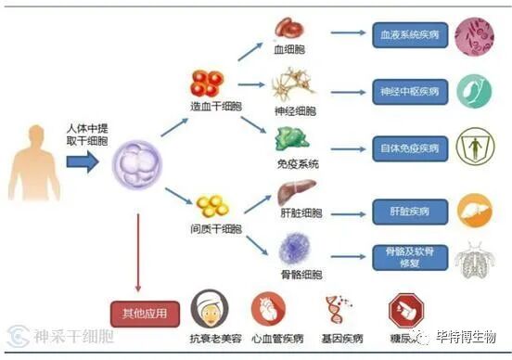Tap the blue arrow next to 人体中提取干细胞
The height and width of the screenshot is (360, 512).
point(82,162)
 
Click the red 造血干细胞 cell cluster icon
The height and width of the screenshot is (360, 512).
point(209,83)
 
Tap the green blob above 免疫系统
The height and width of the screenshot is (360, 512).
point(294,139)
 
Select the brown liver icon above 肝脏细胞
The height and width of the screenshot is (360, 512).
point(297,193)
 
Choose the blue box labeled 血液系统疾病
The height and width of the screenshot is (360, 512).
point(409,35)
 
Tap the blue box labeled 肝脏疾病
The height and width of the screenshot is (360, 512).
point(409,211)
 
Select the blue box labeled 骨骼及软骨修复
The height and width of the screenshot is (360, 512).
point(409,257)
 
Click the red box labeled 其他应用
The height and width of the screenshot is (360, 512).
point(144,314)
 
